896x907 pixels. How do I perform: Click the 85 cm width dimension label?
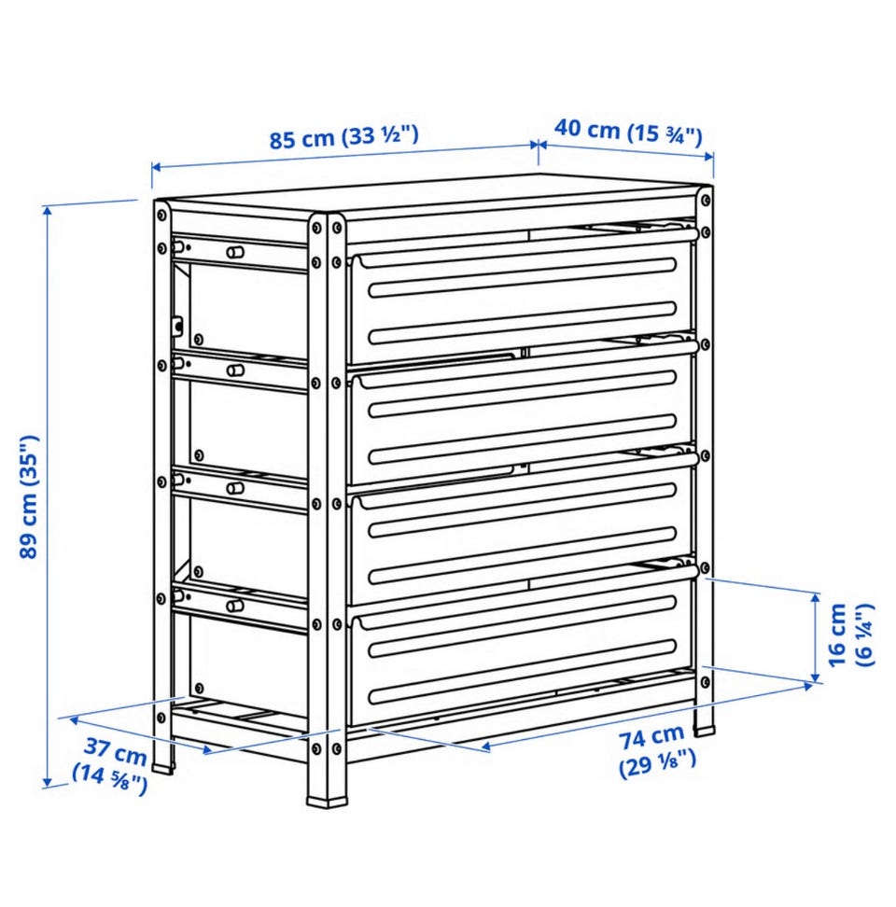343,137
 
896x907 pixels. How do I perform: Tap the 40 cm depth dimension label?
628,131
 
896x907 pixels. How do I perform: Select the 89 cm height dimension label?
29,496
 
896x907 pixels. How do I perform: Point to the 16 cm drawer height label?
851,635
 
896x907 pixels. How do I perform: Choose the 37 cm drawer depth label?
110,766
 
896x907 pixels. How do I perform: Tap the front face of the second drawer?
521,415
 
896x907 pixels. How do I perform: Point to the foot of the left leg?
163,769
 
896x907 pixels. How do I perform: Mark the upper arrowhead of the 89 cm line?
48,212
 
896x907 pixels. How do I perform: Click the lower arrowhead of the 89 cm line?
48,781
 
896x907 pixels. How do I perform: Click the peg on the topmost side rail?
234,252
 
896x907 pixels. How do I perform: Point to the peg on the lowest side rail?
234,606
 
